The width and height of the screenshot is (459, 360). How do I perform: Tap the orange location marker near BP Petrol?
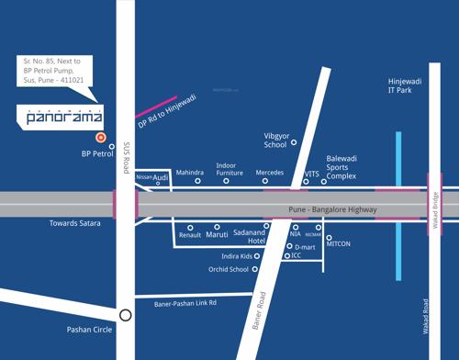click(x=101, y=138)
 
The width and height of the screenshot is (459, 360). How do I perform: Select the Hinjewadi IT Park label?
click(x=407, y=87)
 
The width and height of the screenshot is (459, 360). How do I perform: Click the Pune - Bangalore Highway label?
click(x=326, y=210)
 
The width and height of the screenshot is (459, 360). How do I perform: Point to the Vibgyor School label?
click(x=275, y=139)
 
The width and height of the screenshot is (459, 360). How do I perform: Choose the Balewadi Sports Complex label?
click(x=341, y=169)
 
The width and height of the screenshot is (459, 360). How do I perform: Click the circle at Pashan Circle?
click(x=126, y=314)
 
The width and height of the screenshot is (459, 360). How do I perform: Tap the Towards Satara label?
click(x=76, y=223)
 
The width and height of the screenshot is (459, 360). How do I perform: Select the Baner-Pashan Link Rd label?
click(x=186, y=302)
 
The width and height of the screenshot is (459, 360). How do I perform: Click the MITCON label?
click(x=339, y=243)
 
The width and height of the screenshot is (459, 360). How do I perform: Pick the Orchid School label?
click(x=229, y=269)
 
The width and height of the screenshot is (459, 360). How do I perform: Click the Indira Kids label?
click(x=237, y=256)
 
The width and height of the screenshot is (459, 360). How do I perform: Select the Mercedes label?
click(x=270, y=172)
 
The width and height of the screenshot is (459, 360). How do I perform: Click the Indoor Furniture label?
click(x=229, y=170)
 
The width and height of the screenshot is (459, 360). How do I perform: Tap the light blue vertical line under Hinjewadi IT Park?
click(x=398, y=206)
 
